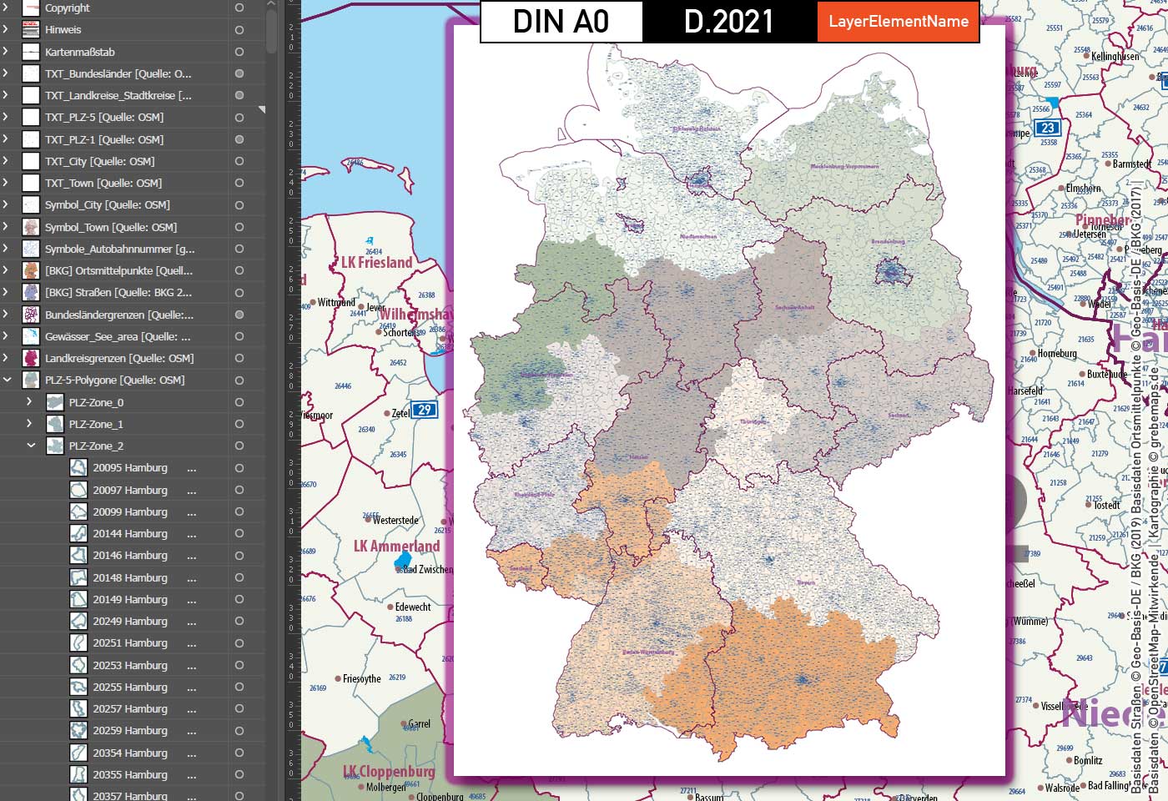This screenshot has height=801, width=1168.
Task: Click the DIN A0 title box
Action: click(561, 22)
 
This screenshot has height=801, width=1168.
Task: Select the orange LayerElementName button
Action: click(898, 22)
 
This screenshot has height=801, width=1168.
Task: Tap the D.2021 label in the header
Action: click(728, 22)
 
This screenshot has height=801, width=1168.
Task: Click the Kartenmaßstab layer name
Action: click(80, 52)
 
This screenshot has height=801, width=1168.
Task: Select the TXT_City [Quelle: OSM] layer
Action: click(99, 161)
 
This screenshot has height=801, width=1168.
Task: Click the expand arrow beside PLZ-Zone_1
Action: click(29, 424)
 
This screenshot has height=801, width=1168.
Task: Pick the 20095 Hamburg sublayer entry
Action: click(130, 468)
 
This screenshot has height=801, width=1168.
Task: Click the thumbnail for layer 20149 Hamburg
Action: click(78, 599)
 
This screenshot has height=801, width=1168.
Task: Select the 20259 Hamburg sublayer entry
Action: click(130, 730)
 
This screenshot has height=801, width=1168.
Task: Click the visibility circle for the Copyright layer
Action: click(239, 8)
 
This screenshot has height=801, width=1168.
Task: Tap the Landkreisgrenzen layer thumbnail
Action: click(31, 358)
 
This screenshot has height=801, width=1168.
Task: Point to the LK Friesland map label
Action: click(377, 262)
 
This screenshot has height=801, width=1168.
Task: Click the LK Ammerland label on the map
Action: click(396, 546)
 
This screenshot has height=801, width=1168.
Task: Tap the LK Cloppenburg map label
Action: click(389, 771)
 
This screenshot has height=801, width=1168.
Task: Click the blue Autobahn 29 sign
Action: click(425, 410)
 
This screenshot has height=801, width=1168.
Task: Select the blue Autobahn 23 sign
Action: click(1047, 128)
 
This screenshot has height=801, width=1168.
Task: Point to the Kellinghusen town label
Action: click(1115, 57)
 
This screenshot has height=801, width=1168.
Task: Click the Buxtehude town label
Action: click(1107, 374)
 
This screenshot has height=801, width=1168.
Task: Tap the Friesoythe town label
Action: click(361, 679)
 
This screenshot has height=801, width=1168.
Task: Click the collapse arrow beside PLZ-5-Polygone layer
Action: click(8, 380)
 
